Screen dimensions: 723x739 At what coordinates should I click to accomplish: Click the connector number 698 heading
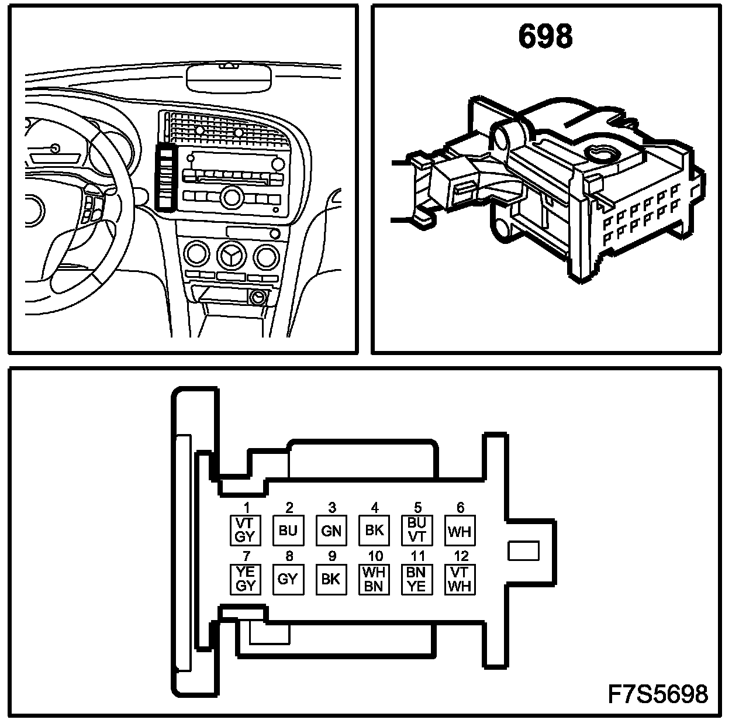tap(545, 37)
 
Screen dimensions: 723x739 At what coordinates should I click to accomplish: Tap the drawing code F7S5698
tap(658, 694)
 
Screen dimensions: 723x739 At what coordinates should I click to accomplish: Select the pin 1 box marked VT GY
tap(246, 530)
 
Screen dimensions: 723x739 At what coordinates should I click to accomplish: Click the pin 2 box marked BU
tap(288, 531)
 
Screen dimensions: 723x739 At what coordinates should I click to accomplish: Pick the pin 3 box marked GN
tap(331, 531)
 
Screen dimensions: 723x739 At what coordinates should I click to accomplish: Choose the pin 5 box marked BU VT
tap(416, 530)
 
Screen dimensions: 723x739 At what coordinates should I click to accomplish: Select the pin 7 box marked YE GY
tap(246, 579)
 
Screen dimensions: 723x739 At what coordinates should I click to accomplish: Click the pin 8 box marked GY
tap(288, 579)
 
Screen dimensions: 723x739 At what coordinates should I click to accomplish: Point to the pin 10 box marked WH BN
tap(374, 579)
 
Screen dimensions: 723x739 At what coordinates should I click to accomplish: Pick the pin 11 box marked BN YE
tap(416, 579)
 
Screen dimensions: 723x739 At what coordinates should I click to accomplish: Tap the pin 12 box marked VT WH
tap(459, 579)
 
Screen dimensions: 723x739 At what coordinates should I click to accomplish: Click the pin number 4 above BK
tap(375, 508)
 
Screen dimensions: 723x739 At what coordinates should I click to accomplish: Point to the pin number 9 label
tap(331, 556)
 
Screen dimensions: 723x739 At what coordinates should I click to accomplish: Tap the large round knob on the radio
tap(232, 197)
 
